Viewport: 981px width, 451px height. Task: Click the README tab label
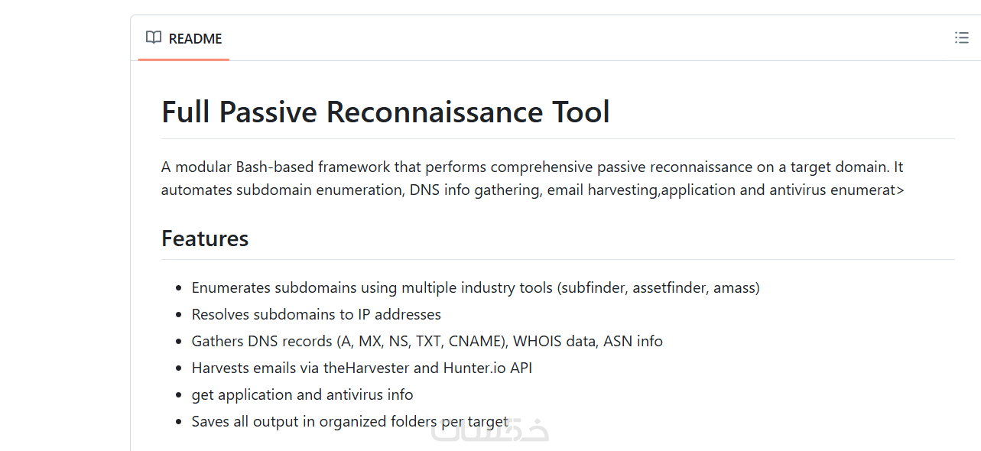pyautogui.click(x=195, y=38)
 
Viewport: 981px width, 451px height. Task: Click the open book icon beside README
pyautogui.click(x=154, y=37)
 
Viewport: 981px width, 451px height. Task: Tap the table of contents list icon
pyautogui.click(x=962, y=37)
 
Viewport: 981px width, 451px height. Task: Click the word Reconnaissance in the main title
pyautogui.click(x=434, y=112)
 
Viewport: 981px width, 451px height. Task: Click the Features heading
pyautogui.click(x=205, y=238)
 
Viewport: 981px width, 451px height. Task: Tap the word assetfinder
pyautogui.click(x=670, y=287)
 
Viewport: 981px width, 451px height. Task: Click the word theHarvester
pyautogui.click(x=366, y=368)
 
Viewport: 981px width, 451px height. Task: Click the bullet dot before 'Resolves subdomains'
pyautogui.click(x=178, y=315)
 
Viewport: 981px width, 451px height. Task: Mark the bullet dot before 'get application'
pyautogui.click(x=178, y=395)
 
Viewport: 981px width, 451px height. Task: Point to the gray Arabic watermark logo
pyautogui.click(x=489, y=430)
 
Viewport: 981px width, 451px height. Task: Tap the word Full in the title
pyautogui.click(x=186, y=112)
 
